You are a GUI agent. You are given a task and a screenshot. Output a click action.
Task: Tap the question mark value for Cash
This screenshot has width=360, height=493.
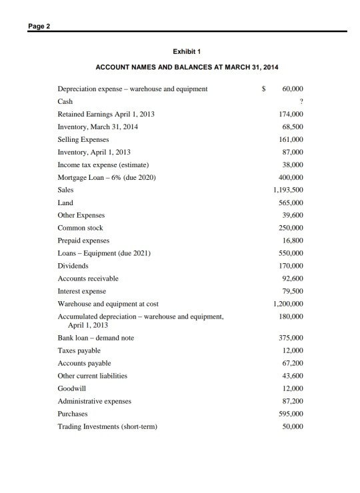click(301, 101)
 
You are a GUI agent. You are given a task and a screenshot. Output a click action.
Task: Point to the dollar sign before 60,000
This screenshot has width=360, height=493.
click(264, 89)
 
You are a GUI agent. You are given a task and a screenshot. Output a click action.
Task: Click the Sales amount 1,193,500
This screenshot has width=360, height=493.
click(289, 190)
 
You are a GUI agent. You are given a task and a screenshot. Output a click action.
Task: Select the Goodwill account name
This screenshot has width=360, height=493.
click(72, 388)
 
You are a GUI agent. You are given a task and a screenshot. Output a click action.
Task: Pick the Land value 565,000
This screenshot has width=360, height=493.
click(291, 203)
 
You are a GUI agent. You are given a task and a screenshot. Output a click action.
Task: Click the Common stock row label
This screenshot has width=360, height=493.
click(80, 228)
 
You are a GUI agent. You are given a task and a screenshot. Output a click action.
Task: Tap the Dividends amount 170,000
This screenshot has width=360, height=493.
click(291, 266)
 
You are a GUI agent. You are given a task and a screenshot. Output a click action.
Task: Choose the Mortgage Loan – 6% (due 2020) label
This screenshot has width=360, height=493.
click(107, 177)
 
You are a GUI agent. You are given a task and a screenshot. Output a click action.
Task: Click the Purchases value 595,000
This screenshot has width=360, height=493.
click(291, 413)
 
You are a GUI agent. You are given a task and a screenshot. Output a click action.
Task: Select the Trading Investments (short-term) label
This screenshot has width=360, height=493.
click(107, 426)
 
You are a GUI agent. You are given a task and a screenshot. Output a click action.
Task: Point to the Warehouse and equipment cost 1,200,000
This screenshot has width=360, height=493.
click(289, 304)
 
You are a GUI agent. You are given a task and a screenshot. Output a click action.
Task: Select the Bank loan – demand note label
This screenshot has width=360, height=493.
click(95, 338)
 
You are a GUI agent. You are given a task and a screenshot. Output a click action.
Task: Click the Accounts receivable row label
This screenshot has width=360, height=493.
click(88, 278)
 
